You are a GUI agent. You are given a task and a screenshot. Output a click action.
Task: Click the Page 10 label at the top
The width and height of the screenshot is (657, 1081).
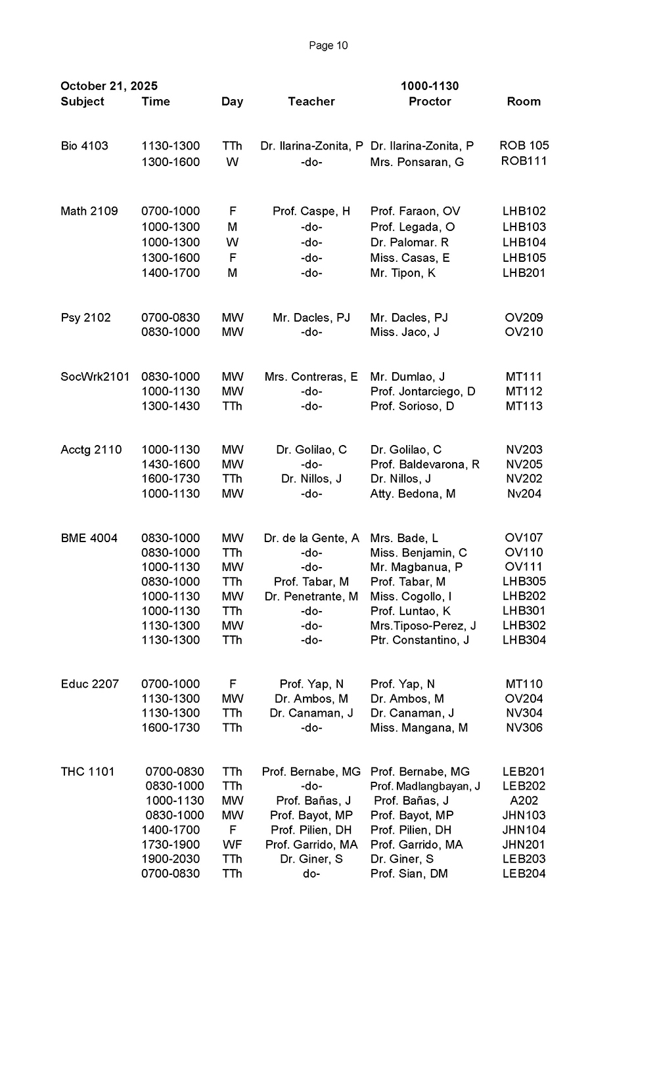tap(328, 45)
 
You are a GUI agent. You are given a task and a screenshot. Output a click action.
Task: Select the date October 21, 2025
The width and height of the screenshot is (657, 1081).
tap(109, 86)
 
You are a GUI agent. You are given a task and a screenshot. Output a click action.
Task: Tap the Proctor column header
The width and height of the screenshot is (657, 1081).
tap(430, 102)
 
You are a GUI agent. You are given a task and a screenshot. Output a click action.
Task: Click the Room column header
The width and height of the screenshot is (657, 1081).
tap(524, 102)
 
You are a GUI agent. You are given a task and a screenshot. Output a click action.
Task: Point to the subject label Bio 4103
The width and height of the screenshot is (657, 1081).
tap(84, 146)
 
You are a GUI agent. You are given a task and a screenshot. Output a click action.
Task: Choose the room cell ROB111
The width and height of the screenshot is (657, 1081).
tap(524, 161)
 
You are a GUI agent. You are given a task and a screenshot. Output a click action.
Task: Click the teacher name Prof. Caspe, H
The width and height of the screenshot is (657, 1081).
tap(311, 211)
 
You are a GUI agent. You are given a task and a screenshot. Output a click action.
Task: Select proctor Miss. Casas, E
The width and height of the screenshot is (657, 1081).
tap(410, 258)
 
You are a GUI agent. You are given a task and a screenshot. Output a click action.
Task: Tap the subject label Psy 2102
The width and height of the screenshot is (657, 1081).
tap(85, 318)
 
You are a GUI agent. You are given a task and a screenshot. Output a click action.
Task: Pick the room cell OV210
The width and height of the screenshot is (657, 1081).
tap(524, 332)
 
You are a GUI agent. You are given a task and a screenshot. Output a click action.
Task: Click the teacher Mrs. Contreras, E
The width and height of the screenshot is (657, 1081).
tap(311, 377)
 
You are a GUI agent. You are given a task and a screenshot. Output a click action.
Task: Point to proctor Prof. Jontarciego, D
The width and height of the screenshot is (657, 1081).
tap(422, 392)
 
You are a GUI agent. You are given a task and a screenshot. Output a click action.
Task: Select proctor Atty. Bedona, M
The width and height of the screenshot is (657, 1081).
tap(413, 494)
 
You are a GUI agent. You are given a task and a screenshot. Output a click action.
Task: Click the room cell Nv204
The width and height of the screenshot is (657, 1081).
tap(524, 494)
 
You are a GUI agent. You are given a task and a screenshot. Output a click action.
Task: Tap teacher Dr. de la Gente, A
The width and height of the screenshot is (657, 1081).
tap(311, 538)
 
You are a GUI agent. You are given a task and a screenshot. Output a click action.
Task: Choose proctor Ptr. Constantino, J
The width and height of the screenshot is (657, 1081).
tap(420, 640)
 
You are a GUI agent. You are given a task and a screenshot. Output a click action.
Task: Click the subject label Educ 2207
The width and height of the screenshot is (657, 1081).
tap(90, 684)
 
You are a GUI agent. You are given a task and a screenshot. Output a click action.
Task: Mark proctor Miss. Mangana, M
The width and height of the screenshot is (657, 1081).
tap(419, 728)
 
